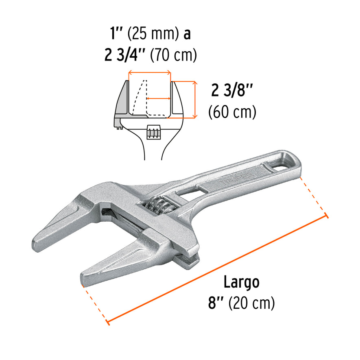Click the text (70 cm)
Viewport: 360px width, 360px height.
pos(173,55)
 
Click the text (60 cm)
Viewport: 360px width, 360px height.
pos(232,111)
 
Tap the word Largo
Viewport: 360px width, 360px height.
pos(241,282)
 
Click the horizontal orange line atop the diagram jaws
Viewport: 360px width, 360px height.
pos(149,73)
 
